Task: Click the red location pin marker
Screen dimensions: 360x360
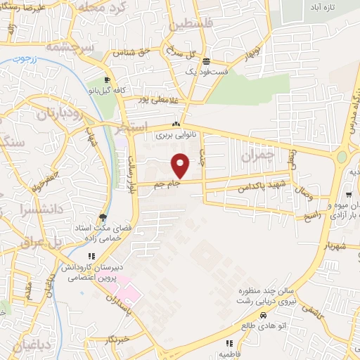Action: click(181, 165)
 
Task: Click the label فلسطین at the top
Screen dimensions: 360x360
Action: click(190, 26)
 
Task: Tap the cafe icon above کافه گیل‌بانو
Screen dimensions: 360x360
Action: click(107, 80)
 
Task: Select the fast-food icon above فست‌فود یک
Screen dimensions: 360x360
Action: click(205, 60)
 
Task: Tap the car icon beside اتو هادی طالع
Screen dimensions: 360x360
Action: click(264, 315)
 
